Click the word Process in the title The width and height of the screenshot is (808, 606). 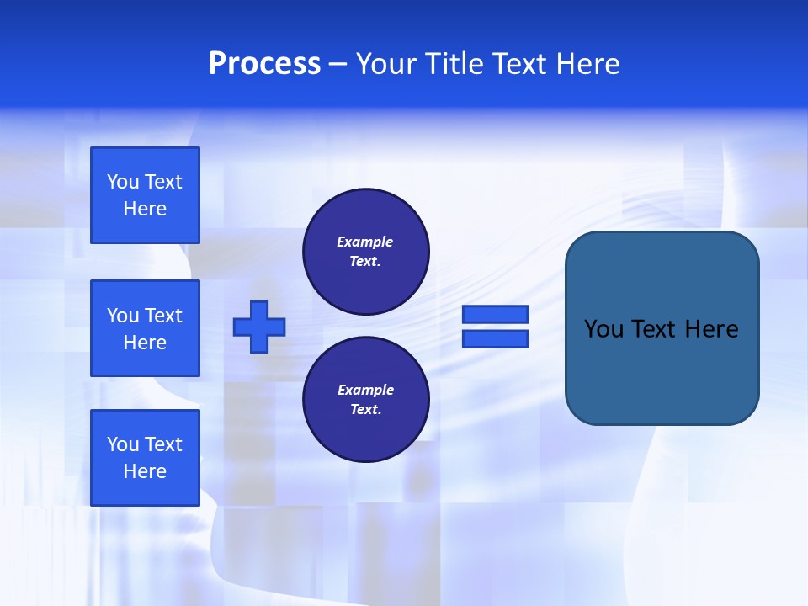pos(264,64)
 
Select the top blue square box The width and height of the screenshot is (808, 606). pos(145,195)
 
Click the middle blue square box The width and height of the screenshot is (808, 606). pos(145,328)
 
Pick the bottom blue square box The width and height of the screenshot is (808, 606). pos(145,458)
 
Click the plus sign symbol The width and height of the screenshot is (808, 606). pos(259,327)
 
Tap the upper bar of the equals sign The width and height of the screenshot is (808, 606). pos(495,314)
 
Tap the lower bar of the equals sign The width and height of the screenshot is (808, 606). pos(495,338)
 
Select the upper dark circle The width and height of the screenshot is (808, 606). pos(366,252)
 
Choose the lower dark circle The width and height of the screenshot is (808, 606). pos(366,400)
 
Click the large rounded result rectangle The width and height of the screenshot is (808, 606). pos(662,328)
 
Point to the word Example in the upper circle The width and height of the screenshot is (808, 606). pos(365,242)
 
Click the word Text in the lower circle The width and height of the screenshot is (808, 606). pos(364,410)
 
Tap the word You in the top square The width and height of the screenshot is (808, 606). pos(123,182)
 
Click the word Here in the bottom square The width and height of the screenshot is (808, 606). pos(145,471)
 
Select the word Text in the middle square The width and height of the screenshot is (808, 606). pos(163,316)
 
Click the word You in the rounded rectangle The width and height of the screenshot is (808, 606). pos(603,329)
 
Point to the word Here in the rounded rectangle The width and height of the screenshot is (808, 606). pos(711,329)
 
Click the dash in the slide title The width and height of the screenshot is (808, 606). pos(338,64)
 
